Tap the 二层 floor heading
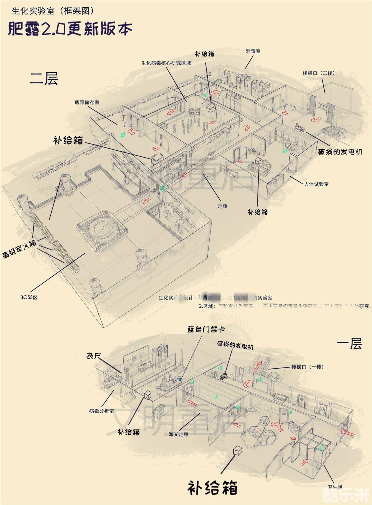pos(44,78)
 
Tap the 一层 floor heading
pos(349,344)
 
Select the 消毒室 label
pos(253,51)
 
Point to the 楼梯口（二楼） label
pos(318,73)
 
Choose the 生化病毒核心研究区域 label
pos(166,63)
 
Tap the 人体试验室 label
pos(316,184)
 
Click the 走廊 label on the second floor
pos(222,206)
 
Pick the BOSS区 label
pos(29,297)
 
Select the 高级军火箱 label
pos(20,249)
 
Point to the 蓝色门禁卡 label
pos(206,329)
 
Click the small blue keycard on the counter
pos(180,379)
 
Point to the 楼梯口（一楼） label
pos(307,367)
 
